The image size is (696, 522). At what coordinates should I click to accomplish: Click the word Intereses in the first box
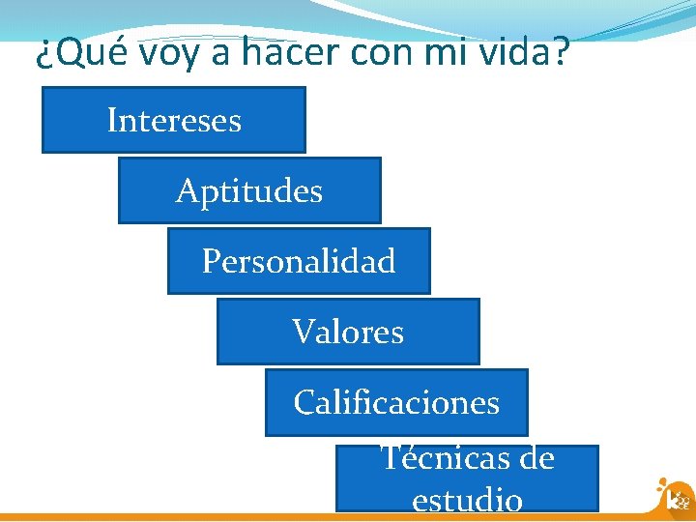(x=174, y=121)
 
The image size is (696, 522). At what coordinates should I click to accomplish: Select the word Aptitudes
(x=249, y=191)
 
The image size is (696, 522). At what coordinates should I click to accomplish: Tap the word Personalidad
(x=299, y=262)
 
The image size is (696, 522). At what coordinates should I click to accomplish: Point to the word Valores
(x=348, y=333)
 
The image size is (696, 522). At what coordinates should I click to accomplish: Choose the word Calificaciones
(x=396, y=402)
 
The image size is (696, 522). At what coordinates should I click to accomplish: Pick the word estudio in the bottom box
(x=467, y=500)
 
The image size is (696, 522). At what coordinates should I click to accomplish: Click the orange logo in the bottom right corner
(x=674, y=495)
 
